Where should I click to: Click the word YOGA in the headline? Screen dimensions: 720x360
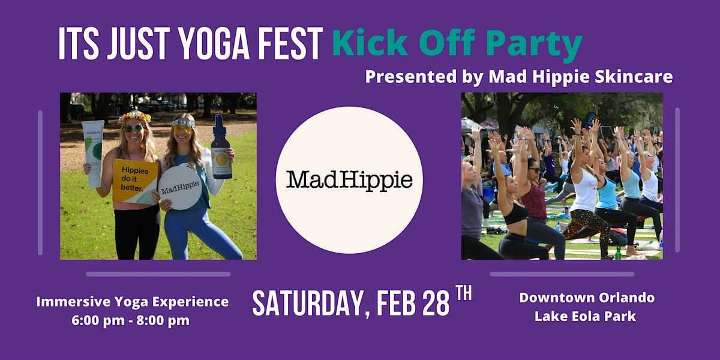pos(214,44)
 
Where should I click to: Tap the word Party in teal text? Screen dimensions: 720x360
pos(534,44)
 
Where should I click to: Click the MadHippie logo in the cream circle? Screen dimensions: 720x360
pos(349,181)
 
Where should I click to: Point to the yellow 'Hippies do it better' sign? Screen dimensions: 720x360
pos(135,182)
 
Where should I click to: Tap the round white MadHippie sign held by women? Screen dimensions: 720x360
pos(181,188)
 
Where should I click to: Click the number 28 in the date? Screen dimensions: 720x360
pos(436,303)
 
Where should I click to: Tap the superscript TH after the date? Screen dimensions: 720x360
pos(464,293)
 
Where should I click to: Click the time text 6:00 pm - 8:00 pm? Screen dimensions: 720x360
pos(131,320)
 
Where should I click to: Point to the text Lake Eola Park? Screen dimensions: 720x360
pos(586,316)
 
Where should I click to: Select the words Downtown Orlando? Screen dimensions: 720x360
pos(587,298)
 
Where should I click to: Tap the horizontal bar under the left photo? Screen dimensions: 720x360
pos(158,274)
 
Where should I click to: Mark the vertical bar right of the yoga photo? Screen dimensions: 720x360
pos(677,180)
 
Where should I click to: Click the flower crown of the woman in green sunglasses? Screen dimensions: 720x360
pos(134,116)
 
